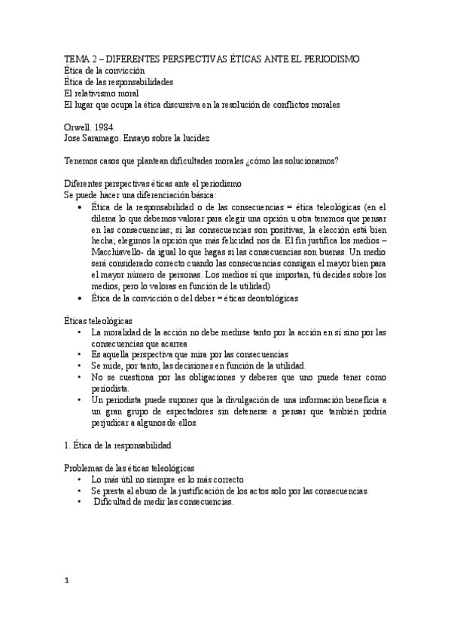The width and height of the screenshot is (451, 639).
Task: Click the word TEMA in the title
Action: (76, 59)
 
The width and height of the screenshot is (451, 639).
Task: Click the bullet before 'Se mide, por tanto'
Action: (79, 365)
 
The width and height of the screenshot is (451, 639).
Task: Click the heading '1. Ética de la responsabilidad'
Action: (118, 445)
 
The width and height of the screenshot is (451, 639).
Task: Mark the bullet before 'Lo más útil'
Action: (79, 479)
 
